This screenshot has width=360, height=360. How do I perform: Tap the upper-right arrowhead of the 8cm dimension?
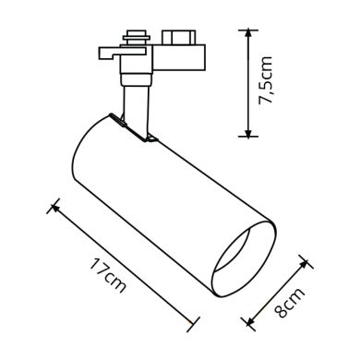(x=306, y=262)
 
